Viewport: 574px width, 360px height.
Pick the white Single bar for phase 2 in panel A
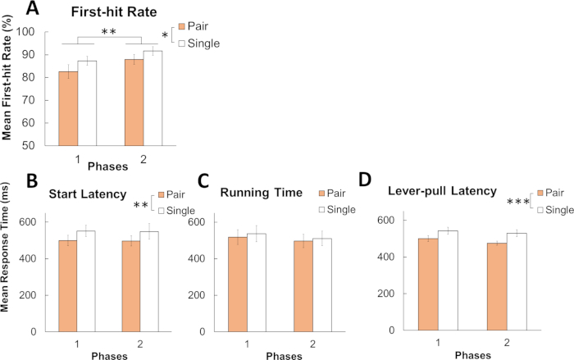coord(154,98)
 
